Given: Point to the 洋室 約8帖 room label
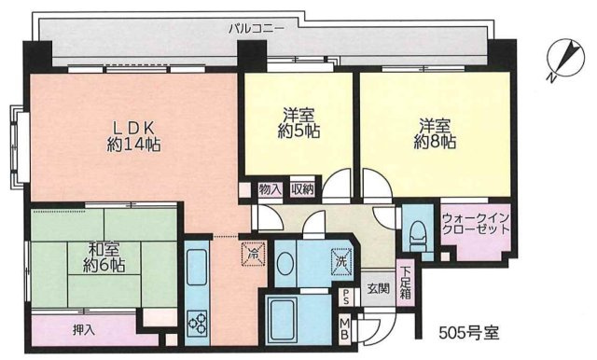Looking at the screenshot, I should click(x=436, y=133).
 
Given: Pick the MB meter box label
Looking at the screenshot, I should click(x=345, y=327).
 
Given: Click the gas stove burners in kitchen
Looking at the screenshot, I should click(x=198, y=324).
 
